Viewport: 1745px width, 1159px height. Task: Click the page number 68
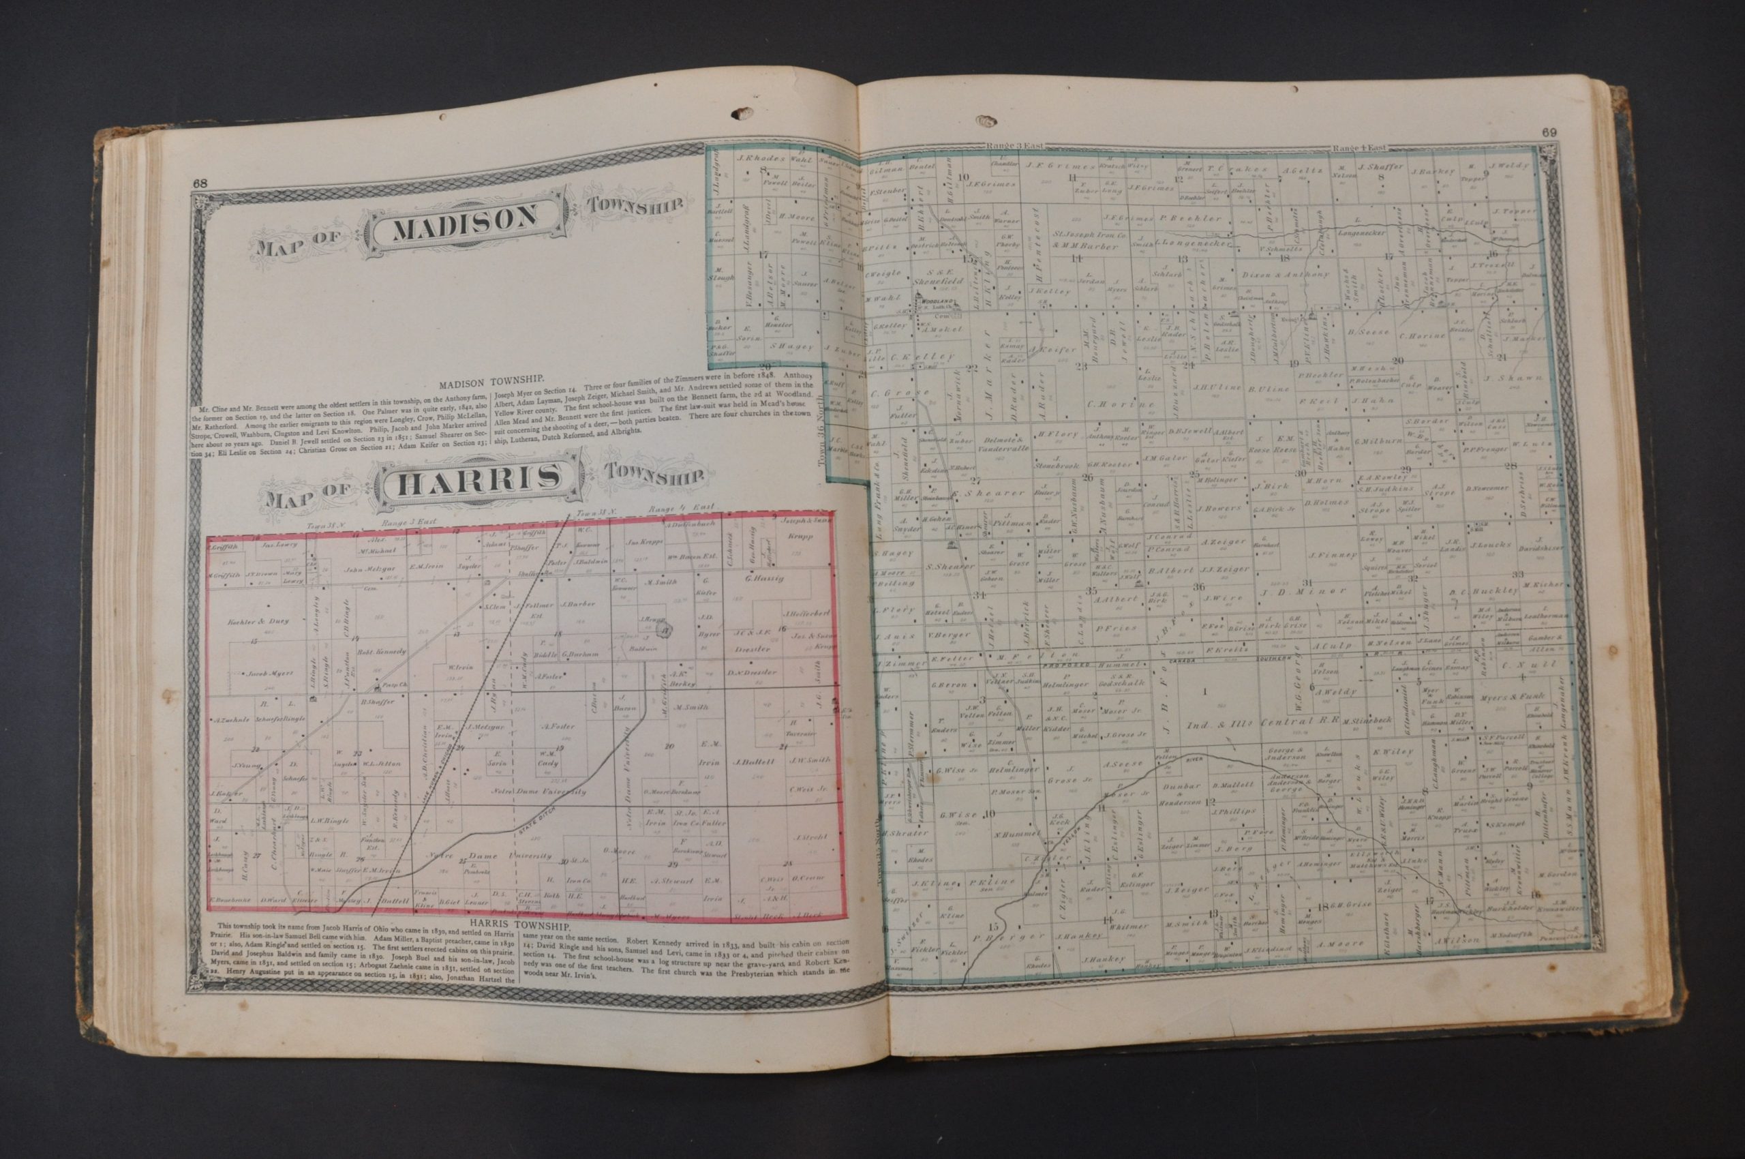click(200, 185)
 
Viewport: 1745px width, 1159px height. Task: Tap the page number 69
click(1549, 133)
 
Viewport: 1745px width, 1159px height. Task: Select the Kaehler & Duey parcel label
click(259, 620)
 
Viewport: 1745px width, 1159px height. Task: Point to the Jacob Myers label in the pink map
click(256, 674)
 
